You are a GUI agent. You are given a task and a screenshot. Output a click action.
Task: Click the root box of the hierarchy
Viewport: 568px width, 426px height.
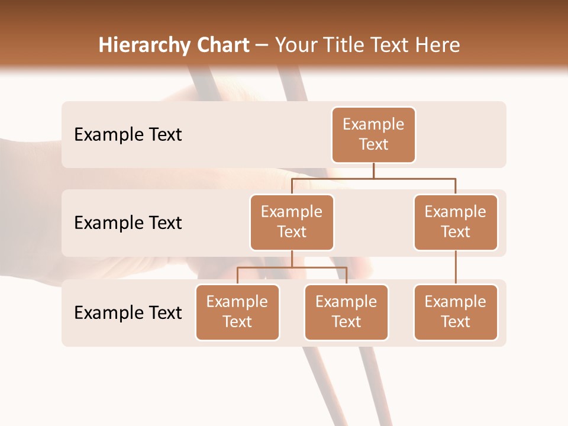coord(373,135)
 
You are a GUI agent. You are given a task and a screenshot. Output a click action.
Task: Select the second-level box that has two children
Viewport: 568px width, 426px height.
coord(292,222)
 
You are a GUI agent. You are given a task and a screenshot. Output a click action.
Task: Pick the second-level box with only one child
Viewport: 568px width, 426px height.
coord(456,222)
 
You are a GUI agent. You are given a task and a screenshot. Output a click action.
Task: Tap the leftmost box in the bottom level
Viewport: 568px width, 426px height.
coord(237,312)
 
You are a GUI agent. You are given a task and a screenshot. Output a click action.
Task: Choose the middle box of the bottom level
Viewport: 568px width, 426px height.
coord(346,312)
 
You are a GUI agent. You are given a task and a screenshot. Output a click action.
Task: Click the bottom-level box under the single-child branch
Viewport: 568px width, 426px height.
coord(456,312)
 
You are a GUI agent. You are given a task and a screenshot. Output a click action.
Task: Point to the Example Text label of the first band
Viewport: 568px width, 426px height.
coord(128,135)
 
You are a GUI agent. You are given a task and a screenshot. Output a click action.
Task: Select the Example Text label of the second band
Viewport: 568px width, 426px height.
coord(128,223)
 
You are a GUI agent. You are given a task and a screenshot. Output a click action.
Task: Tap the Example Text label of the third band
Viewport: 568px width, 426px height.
coord(128,312)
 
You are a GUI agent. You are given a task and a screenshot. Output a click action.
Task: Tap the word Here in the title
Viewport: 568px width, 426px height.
coord(438,45)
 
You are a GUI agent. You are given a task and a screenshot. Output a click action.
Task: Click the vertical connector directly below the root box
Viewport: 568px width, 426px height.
coord(373,170)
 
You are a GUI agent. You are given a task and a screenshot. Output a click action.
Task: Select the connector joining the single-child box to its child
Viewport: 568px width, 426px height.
coord(456,267)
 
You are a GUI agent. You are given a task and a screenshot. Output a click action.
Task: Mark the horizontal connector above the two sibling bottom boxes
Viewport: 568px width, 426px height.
coord(292,267)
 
